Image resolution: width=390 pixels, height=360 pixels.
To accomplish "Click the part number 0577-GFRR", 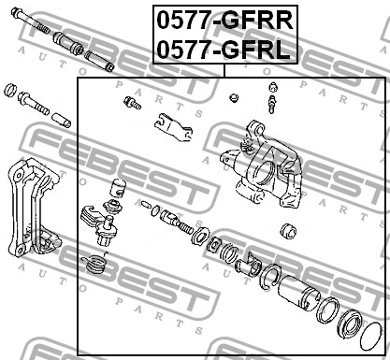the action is click(x=225, y=21).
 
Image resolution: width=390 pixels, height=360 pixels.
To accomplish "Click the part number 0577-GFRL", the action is click(x=224, y=50).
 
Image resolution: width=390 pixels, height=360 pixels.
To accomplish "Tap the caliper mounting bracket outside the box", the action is click(x=34, y=207).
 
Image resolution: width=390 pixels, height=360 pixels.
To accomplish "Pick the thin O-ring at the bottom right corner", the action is click(x=370, y=337).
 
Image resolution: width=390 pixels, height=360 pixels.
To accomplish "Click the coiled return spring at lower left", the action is click(x=94, y=263).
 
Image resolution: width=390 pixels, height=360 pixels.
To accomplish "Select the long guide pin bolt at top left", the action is click(x=30, y=21).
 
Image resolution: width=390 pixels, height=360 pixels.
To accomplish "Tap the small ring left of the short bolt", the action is click(x=10, y=90).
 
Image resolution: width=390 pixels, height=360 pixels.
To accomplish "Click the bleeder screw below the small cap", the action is click(x=272, y=104).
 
